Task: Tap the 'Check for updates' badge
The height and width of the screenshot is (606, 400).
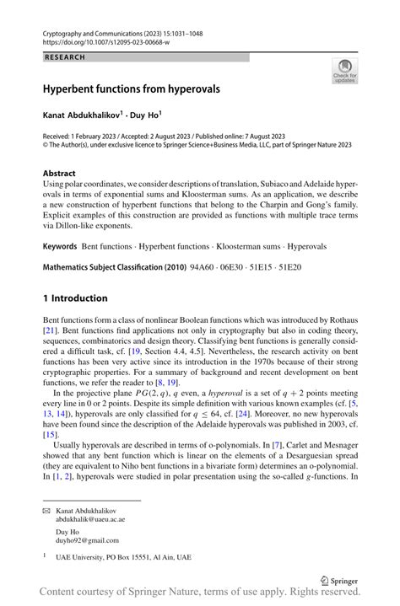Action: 345,71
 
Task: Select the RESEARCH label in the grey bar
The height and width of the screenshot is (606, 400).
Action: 66,57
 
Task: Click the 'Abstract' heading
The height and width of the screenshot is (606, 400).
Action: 59,172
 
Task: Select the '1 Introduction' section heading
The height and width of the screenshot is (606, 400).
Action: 75,298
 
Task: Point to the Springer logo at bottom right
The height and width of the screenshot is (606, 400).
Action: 345,579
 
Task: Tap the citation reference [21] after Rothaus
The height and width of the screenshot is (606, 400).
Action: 51,331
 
